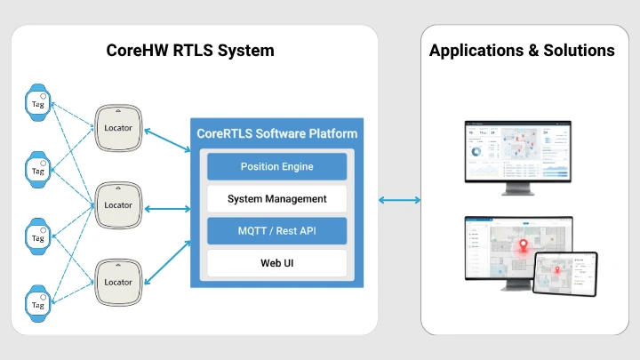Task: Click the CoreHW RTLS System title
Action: tap(190, 51)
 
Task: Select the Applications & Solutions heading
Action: tap(522, 51)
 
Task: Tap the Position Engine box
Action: tap(276, 166)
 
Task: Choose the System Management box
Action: tap(276, 198)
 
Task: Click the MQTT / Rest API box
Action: tap(276, 230)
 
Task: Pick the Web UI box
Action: tap(276, 262)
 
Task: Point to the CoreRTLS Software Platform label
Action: tap(276, 134)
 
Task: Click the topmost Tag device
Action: tap(38, 103)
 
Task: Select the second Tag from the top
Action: tap(38, 170)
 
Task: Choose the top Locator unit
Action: tap(118, 127)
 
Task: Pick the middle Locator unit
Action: tap(118, 204)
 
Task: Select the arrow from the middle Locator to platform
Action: tap(167, 210)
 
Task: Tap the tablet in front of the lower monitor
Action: tap(564, 273)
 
